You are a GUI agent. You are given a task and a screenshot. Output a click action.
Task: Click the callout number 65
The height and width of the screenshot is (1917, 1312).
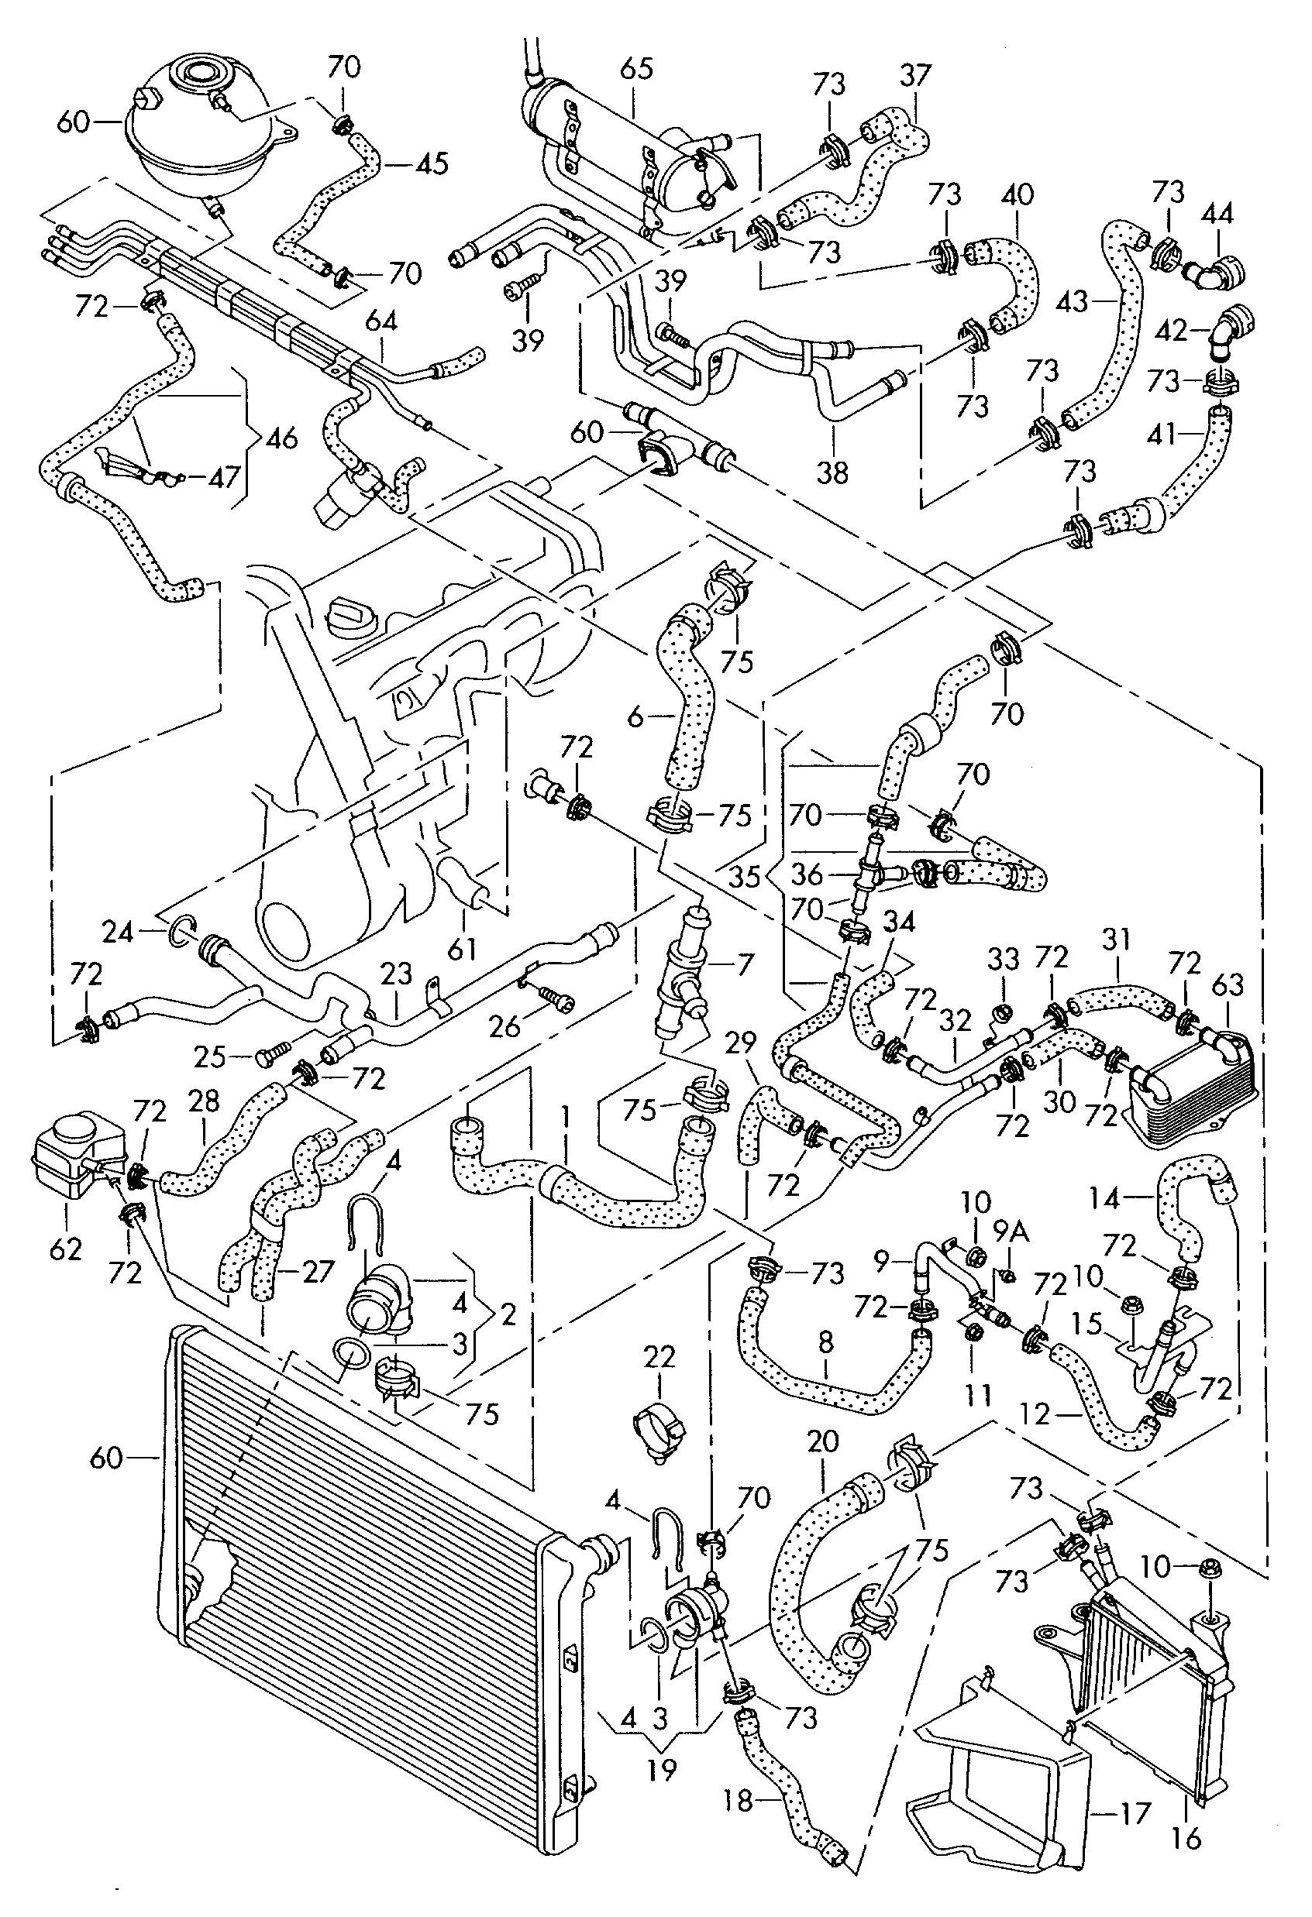[x=636, y=69]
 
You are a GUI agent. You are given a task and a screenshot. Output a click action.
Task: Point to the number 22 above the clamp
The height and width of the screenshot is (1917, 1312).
[x=660, y=1356]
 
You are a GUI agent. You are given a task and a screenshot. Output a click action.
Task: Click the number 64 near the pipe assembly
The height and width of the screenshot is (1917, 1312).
[x=381, y=321]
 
